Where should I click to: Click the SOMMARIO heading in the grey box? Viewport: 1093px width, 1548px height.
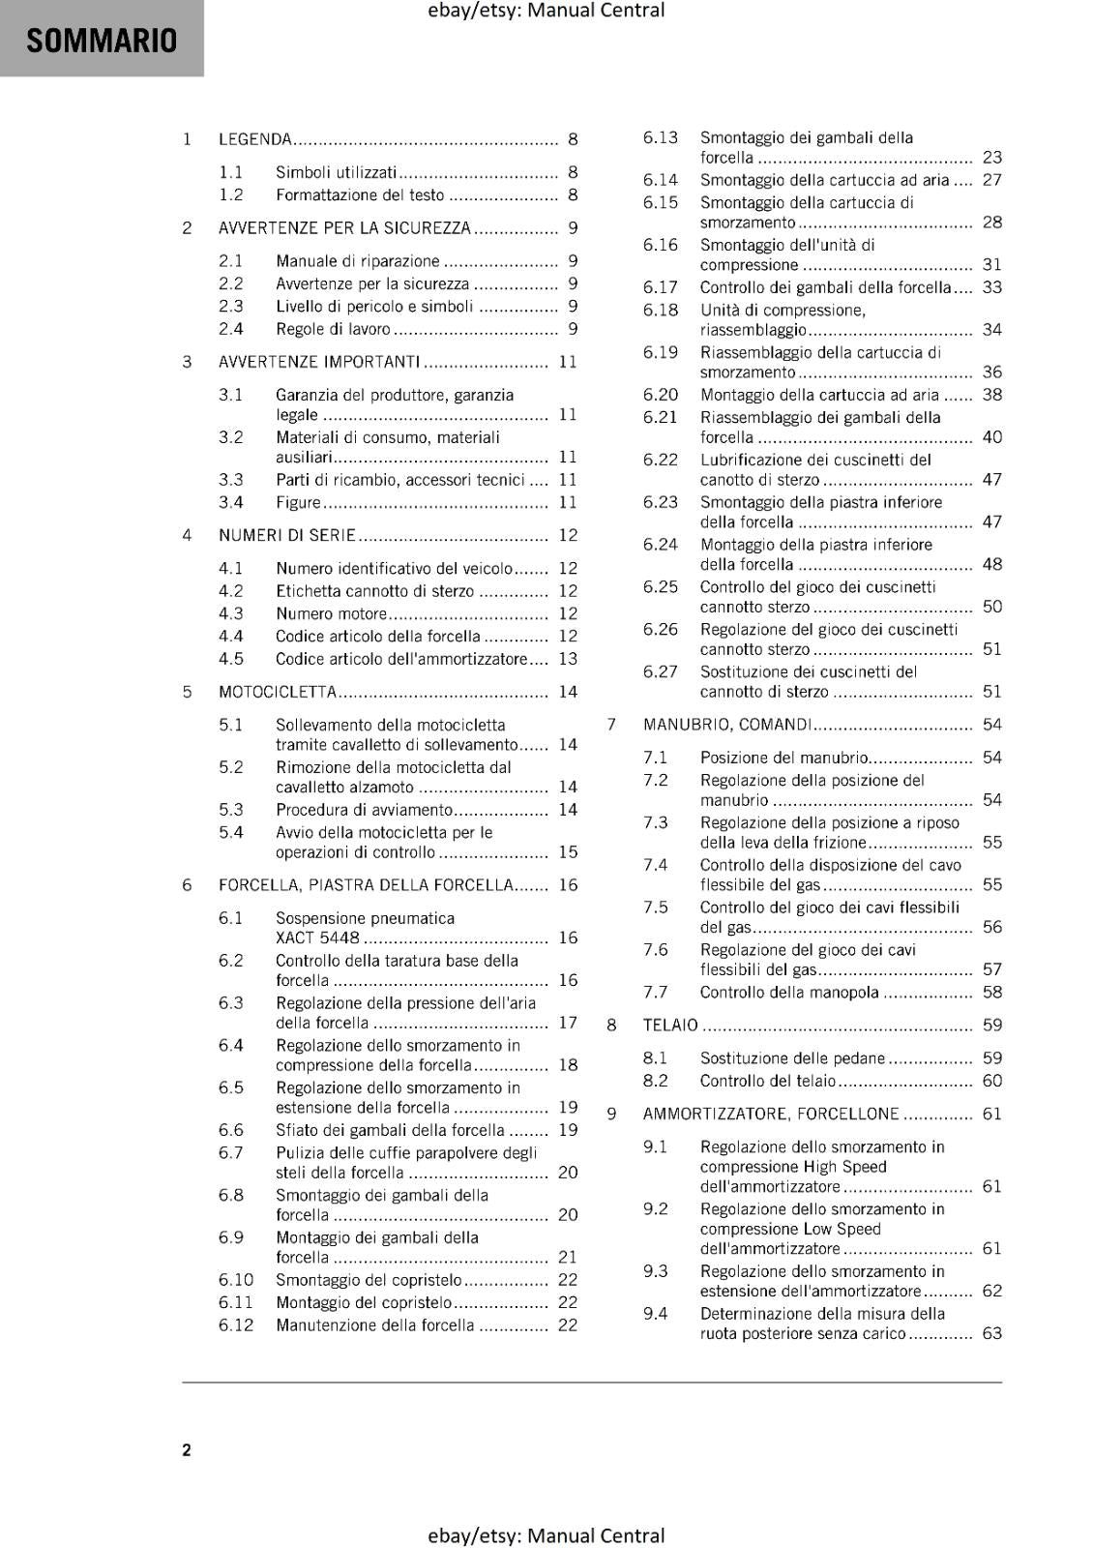click(x=102, y=41)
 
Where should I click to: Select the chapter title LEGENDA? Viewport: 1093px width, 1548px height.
click(x=255, y=139)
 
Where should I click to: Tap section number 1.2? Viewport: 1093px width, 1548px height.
click(x=230, y=194)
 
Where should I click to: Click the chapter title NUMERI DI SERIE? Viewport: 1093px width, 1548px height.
click(x=287, y=535)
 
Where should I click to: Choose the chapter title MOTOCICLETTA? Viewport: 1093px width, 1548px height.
click(x=278, y=692)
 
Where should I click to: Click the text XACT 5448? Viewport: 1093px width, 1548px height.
click(x=317, y=938)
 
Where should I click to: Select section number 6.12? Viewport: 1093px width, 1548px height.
click(x=235, y=1325)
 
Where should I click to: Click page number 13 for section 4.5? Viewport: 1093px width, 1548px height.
click(x=568, y=659)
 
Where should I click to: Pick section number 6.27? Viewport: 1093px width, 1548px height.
click(x=661, y=671)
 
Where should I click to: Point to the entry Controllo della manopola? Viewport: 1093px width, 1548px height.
click(x=789, y=992)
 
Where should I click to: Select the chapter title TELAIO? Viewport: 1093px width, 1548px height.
click(x=670, y=1025)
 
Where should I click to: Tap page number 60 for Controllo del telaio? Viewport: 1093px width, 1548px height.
click(x=992, y=1081)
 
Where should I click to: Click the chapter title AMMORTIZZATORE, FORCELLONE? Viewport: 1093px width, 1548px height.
click(x=771, y=1114)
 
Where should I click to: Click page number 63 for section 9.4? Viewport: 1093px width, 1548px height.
click(x=992, y=1333)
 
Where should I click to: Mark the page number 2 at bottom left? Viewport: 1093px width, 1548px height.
click(x=187, y=1449)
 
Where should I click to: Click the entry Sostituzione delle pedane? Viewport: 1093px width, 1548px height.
click(x=792, y=1058)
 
